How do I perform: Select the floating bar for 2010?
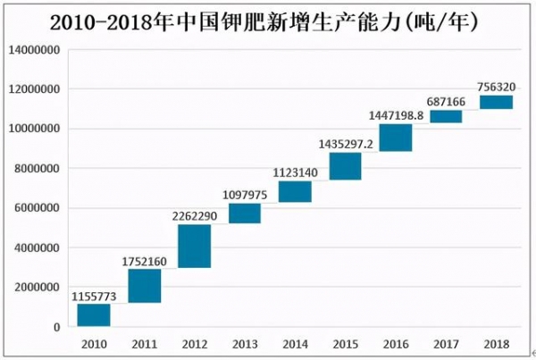(x=94, y=315)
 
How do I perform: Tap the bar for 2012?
(x=195, y=246)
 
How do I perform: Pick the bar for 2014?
(x=295, y=191)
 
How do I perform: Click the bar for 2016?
(x=396, y=138)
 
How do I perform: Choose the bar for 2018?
(x=496, y=102)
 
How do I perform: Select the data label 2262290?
(x=195, y=214)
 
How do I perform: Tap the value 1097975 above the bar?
(x=245, y=193)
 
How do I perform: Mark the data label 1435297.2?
(x=345, y=143)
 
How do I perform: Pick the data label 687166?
(x=446, y=101)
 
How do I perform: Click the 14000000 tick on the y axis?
(x=35, y=50)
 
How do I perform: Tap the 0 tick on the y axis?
(x=57, y=327)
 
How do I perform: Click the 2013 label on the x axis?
(x=245, y=342)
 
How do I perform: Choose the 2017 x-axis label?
(x=446, y=342)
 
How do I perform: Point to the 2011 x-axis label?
(x=144, y=342)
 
